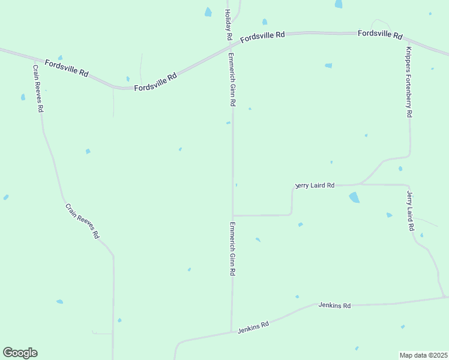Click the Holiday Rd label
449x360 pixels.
tap(229, 25)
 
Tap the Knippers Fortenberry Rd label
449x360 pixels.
tap(409, 82)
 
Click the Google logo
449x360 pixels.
tap(20, 352)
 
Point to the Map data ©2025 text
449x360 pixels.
tap(424, 355)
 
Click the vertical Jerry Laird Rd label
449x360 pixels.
tap(411, 211)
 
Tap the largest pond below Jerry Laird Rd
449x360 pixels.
tap(354, 197)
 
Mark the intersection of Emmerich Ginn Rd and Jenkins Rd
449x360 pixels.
tap(232, 331)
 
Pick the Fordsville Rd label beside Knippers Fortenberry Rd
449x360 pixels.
tap(380, 34)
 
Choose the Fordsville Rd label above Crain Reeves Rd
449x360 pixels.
tap(67, 67)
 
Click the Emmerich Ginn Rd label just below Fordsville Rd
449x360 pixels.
tap(232, 80)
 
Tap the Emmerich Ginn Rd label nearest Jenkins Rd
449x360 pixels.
tap(232, 249)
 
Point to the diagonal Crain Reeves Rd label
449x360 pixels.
tap(82, 221)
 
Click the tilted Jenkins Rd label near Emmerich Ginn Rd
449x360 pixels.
tap(253, 327)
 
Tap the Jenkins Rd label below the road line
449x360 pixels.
tap(335, 306)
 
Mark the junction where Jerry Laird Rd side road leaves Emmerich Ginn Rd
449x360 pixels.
tap(233, 215)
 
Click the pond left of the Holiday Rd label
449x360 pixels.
tap(208, 12)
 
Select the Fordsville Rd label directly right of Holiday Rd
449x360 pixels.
tap(263, 37)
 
